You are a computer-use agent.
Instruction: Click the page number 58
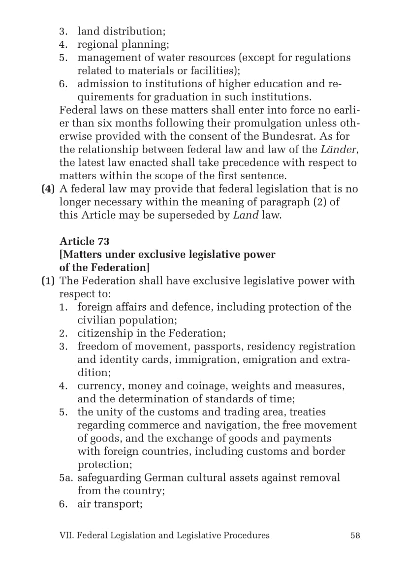tap(355, 535)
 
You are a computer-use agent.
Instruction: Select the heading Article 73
tap(84, 241)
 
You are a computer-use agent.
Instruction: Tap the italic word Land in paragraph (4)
tap(246, 215)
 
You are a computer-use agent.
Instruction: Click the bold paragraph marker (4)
tap(48, 189)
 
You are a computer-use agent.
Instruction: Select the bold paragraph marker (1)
tap(48, 281)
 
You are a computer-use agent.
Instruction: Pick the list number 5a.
tap(66, 478)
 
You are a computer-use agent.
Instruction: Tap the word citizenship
tap(106, 333)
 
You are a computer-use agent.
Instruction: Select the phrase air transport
tap(110, 504)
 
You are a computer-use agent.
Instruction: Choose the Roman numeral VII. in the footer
tap(66, 535)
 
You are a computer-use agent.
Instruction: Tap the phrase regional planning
tap(123, 44)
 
